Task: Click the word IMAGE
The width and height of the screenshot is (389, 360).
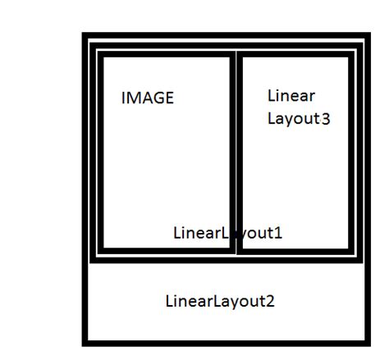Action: pos(148,98)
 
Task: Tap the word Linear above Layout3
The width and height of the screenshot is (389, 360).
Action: pos(291,96)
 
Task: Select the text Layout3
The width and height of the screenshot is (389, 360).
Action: pos(299,119)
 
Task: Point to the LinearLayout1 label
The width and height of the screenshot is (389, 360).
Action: pos(227,233)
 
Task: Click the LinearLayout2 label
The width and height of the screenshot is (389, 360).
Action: pos(220,301)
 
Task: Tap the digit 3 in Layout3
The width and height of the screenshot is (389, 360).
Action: pos(326,119)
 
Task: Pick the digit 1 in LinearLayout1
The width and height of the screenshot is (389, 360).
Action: pos(278,233)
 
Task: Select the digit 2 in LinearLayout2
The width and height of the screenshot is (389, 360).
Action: pos(270,301)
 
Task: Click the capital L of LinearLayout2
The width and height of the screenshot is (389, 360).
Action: pos(169,300)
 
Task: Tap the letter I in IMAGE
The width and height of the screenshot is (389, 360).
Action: pos(123,98)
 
